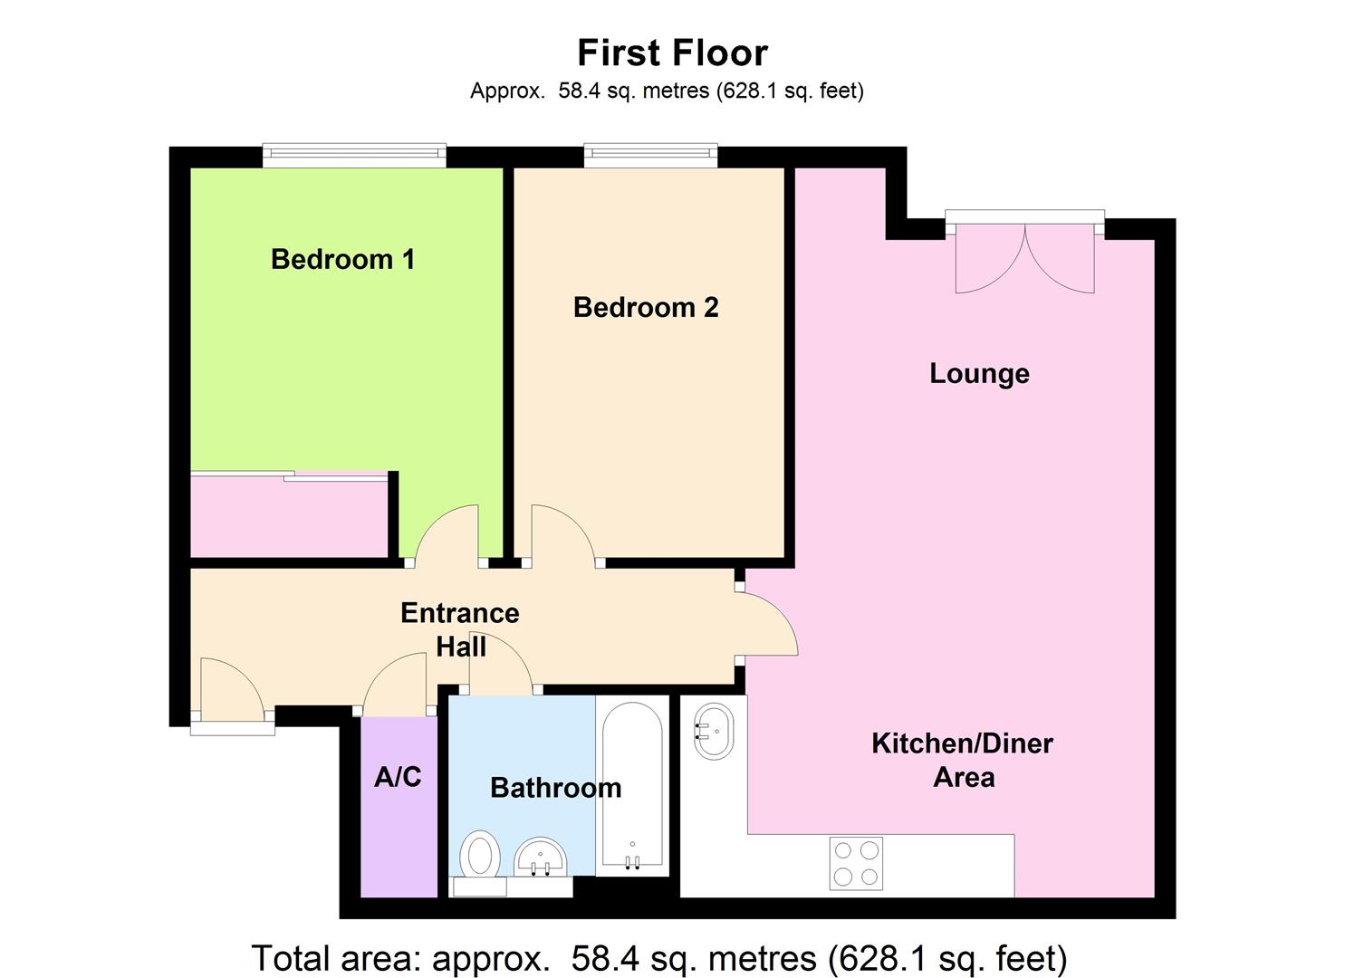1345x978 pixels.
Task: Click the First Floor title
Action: click(x=672, y=53)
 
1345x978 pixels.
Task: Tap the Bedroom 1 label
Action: click(x=342, y=260)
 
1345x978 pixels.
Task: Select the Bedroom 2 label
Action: click(x=646, y=308)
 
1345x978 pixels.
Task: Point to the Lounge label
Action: click(x=979, y=374)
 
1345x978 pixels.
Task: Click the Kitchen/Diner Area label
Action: click(x=962, y=760)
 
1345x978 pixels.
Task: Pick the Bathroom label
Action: click(x=555, y=788)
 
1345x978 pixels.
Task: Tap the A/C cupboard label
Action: click(x=398, y=777)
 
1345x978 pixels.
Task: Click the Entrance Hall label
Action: click(x=460, y=630)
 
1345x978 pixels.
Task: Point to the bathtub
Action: click(x=631, y=785)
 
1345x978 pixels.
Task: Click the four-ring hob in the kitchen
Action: click(x=856, y=863)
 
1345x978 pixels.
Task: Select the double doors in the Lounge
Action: click(x=1024, y=258)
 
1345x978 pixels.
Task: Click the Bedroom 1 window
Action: click(x=354, y=155)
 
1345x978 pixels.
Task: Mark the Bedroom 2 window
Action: click(x=650, y=155)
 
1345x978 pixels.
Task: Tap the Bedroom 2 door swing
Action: click(x=562, y=537)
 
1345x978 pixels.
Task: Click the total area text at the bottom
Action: click(x=658, y=957)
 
